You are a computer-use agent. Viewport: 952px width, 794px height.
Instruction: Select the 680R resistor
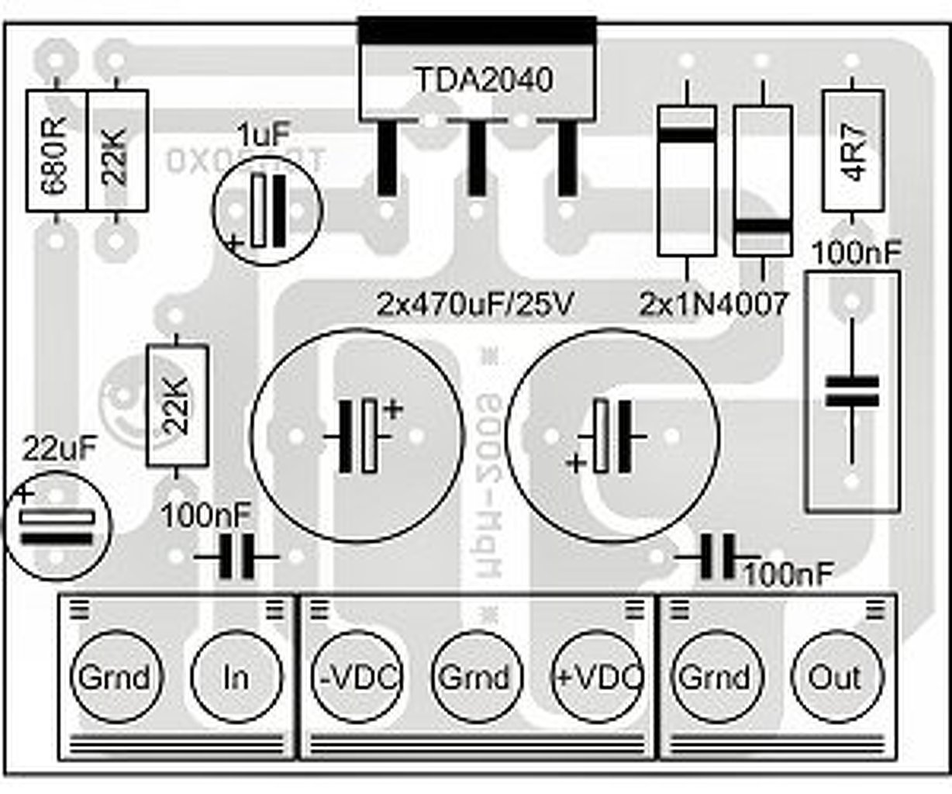pyautogui.click(x=57, y=150)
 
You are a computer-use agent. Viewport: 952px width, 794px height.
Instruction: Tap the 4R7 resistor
pyautogui.click(x=853, y=150)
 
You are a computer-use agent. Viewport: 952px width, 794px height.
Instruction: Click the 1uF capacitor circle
pyautogui.click(x=267, y=209)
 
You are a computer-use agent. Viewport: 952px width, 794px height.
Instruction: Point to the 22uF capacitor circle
pyautogui.click(x=57, y=527)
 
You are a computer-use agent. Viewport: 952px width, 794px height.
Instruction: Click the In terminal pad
pyautogui.click(x=235, y=677)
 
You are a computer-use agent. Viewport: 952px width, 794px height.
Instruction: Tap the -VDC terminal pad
pyautogui.click(x=355, y=677)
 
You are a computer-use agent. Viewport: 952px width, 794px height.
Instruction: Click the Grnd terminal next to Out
pyautogui.click(x=714, y=677)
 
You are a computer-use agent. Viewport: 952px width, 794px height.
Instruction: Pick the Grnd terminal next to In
pyautogui.click(x=114, y=677)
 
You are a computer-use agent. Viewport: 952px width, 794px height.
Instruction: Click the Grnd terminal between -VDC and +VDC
pyautogui.click(x=474, y=677)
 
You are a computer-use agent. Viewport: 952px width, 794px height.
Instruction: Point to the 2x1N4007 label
pyautogui.click(x=713, y=304)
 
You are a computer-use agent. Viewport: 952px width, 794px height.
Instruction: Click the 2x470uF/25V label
pyautogui.click(x=475, y=304)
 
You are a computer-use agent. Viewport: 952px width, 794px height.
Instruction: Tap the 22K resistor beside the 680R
pyautogui.click(x=117, y=150)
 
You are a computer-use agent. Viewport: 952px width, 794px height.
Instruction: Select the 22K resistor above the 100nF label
pyautogui.click(x=177, y=406)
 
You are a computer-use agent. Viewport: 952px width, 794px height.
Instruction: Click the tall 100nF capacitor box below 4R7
pyautogui.click(x=853, y=392)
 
